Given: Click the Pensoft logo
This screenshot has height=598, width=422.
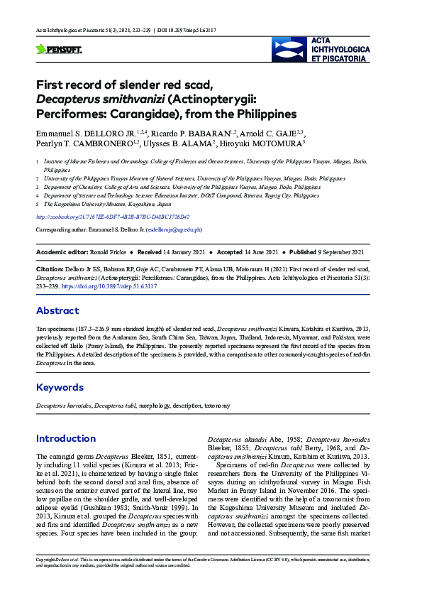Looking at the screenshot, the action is click(x=59, y=50).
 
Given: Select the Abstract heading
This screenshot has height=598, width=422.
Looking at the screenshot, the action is click(x=57, y=310).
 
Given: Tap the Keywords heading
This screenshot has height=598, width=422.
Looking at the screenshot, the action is click(x=60, y=387).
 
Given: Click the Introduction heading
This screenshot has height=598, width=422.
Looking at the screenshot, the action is click(x=66, y=438).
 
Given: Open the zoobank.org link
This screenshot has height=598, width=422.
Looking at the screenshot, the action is click(x=113, y=217).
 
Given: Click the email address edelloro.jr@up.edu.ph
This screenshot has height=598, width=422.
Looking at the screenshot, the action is click(x=174, y=230).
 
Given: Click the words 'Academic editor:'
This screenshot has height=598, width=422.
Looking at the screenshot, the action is click(x=60, y=252).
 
